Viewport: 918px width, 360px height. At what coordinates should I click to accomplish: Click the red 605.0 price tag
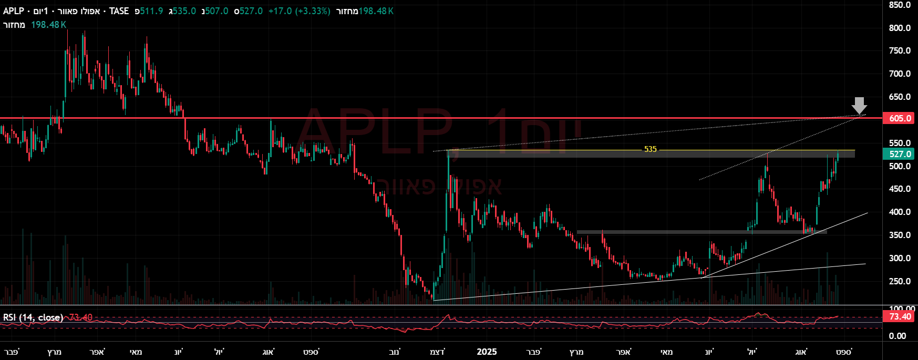900,118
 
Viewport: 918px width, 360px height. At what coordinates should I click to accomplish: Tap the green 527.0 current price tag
900,154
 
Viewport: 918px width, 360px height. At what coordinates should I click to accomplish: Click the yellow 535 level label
650,149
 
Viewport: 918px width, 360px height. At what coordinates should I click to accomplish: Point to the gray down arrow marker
859,105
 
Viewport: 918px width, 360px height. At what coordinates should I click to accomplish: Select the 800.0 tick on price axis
900,28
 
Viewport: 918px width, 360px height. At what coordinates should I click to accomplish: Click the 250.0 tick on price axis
900,281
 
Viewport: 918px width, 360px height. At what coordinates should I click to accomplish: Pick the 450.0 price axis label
900,189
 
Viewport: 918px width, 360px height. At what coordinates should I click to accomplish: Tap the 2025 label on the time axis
487,352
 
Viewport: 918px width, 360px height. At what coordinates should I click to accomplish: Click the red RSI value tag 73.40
900,316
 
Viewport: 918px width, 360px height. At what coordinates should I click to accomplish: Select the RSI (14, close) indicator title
33,317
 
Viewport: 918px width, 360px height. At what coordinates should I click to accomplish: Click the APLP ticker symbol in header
14,11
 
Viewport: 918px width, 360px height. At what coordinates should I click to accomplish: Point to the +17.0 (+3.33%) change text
299,11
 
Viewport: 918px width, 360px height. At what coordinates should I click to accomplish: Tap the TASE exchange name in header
119,11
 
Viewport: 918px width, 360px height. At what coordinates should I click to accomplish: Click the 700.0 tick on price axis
900,74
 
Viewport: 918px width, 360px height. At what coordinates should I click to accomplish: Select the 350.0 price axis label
900,235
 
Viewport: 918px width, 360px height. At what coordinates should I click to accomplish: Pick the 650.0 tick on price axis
900,97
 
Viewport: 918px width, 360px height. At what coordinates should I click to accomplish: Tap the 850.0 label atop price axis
900,5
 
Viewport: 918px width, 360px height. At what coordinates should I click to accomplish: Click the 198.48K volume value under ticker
48,25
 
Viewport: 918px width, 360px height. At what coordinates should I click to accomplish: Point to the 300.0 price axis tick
900,258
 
